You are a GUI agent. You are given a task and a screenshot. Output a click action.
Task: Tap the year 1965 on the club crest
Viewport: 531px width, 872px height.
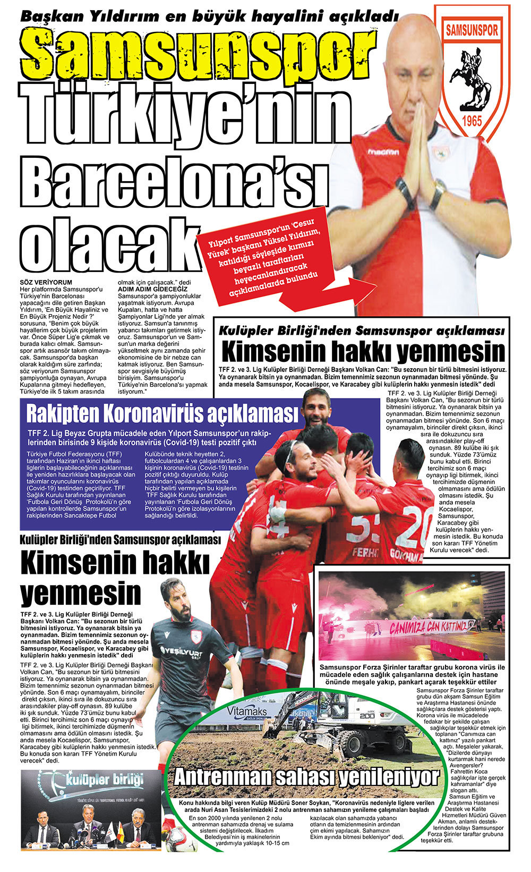(x=472, y=120)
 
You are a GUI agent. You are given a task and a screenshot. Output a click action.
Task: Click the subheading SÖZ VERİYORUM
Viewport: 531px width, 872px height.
(x=46, y=282)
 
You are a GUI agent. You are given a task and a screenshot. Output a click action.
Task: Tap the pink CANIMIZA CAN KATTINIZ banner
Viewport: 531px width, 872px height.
(x=430, y=627)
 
